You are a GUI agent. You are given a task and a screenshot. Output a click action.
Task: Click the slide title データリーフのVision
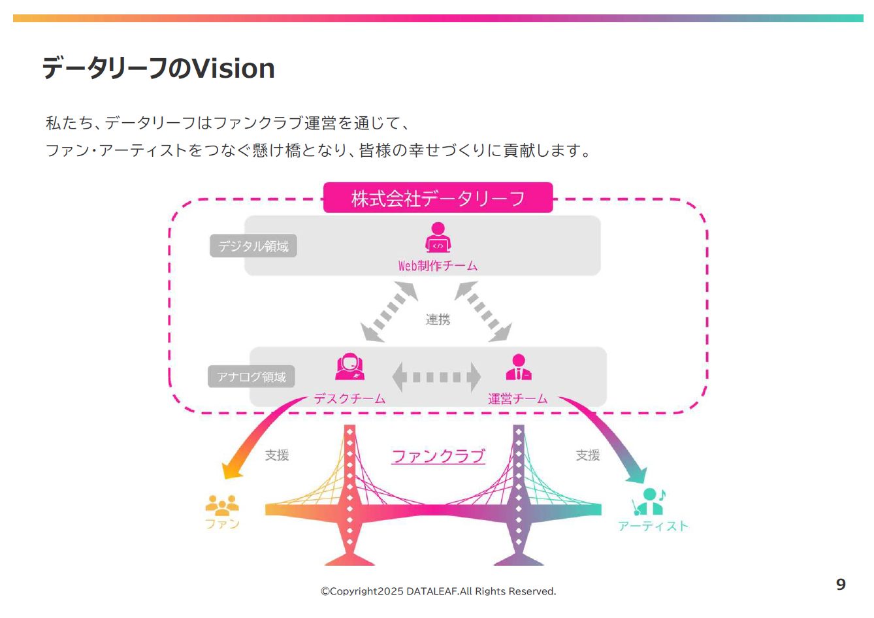(x=159, y=69)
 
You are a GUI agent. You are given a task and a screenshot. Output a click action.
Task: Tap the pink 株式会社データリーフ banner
(x=438, y=198)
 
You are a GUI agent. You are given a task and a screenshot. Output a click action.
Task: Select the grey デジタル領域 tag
(x=253, y=246)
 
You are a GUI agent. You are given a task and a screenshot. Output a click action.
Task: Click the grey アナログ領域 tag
(x=251, y=377)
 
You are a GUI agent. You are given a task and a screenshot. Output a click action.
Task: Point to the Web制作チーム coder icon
(x=438, y=238)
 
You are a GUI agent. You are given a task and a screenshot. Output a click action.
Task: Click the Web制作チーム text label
(x=438, y=266)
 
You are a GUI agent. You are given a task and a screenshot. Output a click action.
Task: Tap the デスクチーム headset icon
(x=349, y=367)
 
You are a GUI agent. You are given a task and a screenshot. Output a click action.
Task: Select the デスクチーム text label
(x=349, y=398)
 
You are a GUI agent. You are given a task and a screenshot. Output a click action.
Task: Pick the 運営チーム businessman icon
(x=518, y=367)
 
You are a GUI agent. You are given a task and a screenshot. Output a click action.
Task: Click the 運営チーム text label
(x=518, y=398)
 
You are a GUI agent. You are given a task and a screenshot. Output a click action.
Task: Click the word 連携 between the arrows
(x=438, y=319)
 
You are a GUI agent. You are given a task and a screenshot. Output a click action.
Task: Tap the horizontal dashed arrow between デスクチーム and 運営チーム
(x=436, y=377)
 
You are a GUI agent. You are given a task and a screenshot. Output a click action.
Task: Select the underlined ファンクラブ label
(x=438, y=456)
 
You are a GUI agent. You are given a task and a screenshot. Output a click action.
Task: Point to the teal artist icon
(x=648, y=502)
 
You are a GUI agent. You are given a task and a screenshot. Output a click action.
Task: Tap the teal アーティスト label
(x=653, y=527)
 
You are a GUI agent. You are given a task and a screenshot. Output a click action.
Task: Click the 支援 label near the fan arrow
(x=277, y=455)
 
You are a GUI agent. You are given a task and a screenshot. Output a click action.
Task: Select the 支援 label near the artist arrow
(x=588, y=455)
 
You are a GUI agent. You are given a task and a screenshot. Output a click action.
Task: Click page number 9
(x=841, y=585)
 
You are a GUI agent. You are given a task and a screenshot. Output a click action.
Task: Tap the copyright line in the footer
(x=438, y=591)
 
